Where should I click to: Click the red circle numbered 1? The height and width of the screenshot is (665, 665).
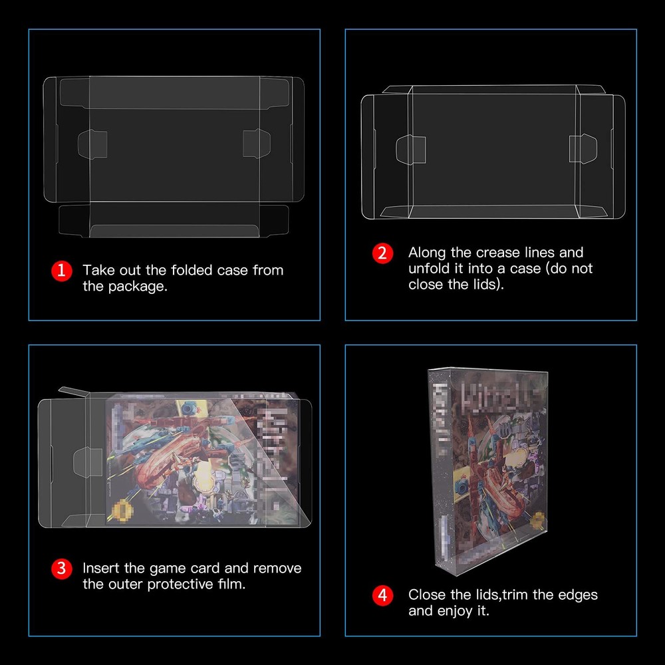click(61, 271)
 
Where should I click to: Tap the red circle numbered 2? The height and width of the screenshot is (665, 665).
click(382, 253)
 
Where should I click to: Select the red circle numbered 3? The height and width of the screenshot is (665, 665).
click(61, 569)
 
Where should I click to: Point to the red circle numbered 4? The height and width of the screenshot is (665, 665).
click(382, 595)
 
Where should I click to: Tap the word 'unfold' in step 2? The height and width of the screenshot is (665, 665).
click(430, 269)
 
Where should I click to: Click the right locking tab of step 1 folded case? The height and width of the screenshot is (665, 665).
click(257, 143)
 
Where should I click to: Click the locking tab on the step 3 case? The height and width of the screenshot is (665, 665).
click(82, 459)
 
